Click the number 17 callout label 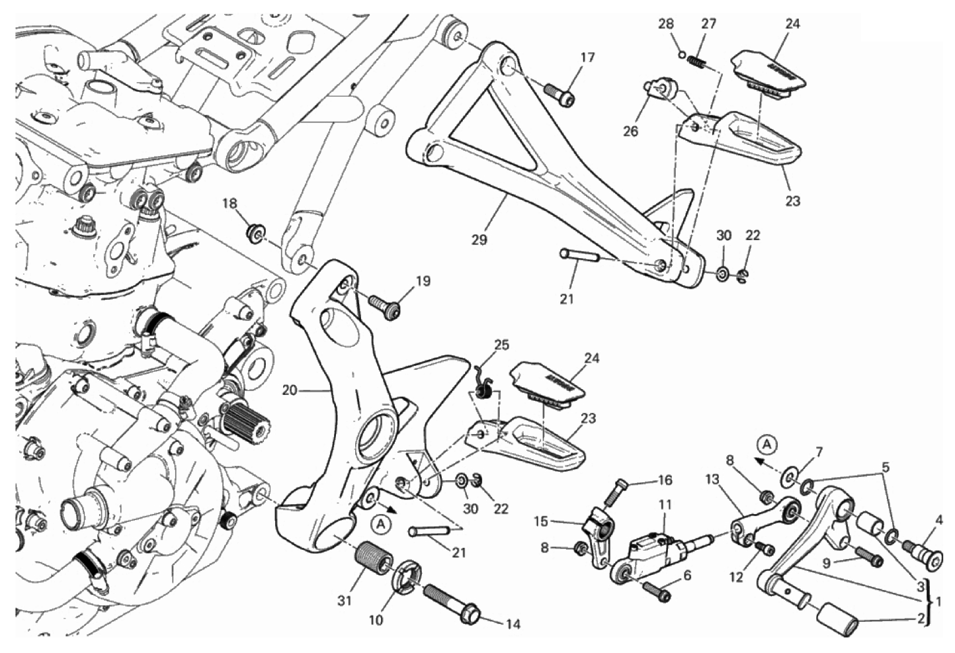pyautogui.click(x=587, y=58)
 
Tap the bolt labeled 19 pyautogui.click(x=385, y=306)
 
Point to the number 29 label pyautogui.click(x=479, y=239)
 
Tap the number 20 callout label pyautogui.click(x=288, y=390)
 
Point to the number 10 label pyautogui.click(x=376, y=621)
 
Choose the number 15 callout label pyautogui.click(x=540, y=521)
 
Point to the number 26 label pyautogui.click(x=630, y=131)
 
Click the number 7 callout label pyautogui.click(x=819, y=453)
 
